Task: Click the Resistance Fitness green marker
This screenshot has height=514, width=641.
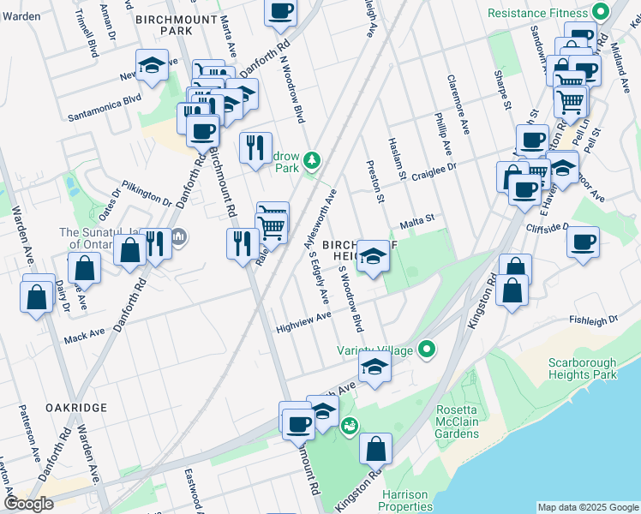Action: pos(600,13)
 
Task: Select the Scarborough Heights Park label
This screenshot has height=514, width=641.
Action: pos(583,368)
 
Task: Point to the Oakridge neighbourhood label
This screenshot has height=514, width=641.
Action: pos(76,408)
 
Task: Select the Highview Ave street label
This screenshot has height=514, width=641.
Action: pos(303,317)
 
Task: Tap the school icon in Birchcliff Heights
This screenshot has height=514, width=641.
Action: pos(372,256)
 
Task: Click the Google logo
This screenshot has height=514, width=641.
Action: pos(28,504)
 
